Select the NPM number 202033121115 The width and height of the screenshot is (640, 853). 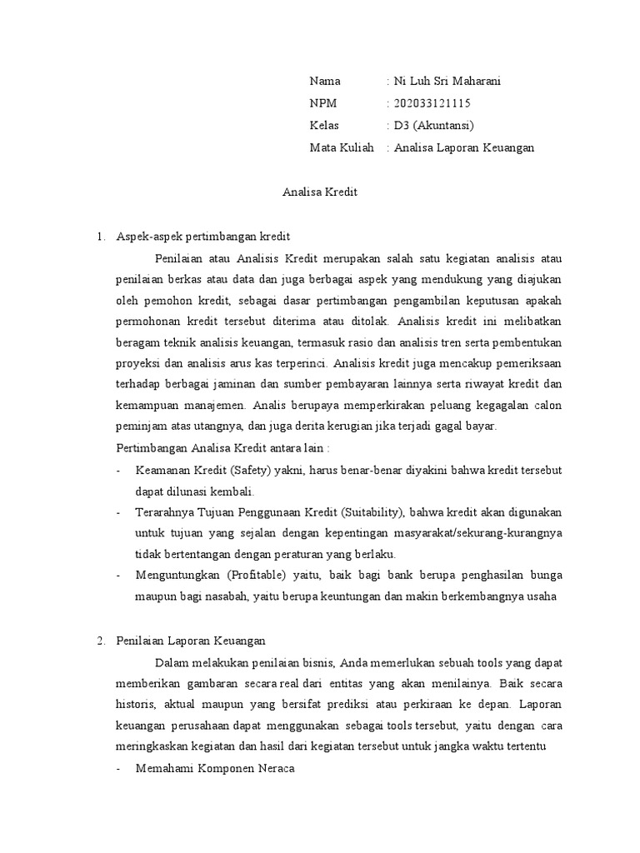(432, 103)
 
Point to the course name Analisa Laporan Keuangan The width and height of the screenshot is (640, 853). (464, 148)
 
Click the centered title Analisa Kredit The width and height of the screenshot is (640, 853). (320, 192)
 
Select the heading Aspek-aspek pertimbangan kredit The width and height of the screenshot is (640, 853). (202, 236)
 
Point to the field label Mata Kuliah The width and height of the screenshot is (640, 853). (342, 148)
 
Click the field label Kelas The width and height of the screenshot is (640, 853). (325, 126)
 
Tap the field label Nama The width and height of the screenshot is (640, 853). (325, 81)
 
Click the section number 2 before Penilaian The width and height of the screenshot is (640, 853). (100, 641)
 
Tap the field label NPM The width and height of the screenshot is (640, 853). (323, 103)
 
